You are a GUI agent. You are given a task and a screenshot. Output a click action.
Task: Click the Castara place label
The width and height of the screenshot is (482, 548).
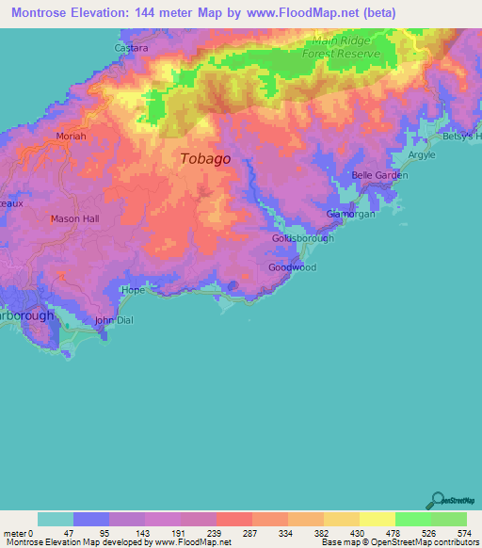coord(131,47)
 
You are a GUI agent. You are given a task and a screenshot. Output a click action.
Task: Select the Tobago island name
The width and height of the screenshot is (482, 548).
coord(205,159)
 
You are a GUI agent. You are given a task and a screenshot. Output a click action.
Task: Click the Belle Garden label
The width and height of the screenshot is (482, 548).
coord(379,176)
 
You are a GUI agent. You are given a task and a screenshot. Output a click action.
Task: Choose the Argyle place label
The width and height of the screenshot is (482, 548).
coord(421,155)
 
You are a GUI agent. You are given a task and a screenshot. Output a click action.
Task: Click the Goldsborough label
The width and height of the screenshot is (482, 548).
coord(302,238)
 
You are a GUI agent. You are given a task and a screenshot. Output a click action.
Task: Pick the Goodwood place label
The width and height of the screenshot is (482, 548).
coord(292,267)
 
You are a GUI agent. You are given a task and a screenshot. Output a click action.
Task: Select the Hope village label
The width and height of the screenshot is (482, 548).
coord(133,291)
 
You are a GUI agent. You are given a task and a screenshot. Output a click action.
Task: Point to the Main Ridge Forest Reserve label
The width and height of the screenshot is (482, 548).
coord(346,47)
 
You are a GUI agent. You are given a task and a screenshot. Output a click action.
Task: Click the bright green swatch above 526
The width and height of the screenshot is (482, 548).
coord(412,519)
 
